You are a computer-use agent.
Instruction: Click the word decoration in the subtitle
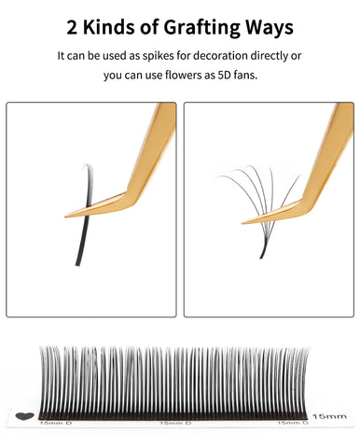pos(227,56)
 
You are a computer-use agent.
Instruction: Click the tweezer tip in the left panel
pos(70,216)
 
